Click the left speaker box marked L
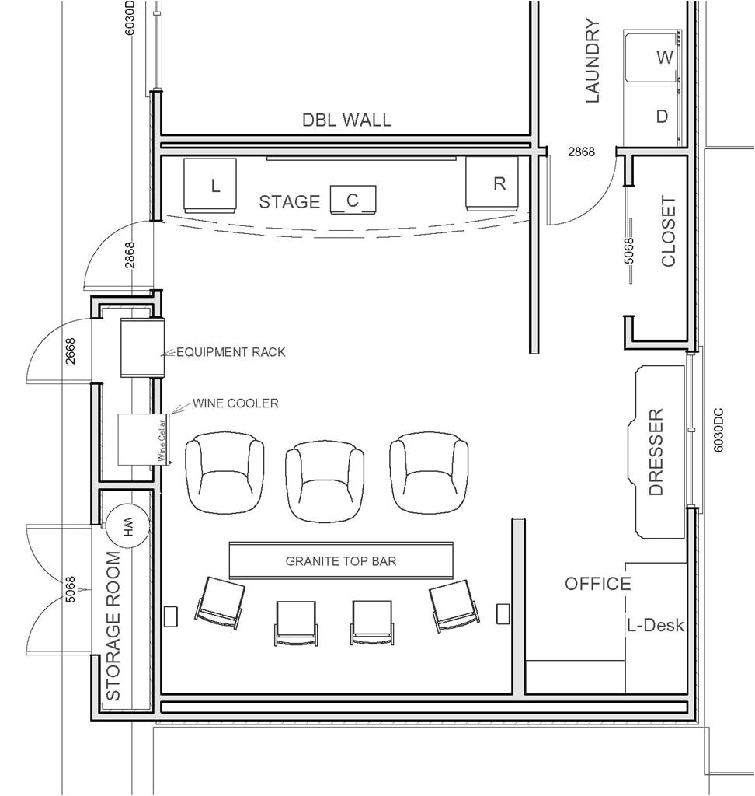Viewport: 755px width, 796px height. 210,185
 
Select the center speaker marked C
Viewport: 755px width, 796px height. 353,200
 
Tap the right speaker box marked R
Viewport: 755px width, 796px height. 492,183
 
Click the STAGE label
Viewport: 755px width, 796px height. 289,202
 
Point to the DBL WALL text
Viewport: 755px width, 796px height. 347,120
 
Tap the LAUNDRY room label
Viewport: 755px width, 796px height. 593,61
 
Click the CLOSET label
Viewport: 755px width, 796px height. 669,232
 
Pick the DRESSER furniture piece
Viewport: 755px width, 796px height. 659,452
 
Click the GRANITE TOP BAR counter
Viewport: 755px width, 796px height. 341,560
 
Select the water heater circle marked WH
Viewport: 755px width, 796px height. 127,526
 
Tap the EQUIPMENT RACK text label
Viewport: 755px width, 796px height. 231,352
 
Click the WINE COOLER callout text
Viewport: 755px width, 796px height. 235,403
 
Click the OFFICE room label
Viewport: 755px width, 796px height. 598,584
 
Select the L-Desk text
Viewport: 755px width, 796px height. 656,625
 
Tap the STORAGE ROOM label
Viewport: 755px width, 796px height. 113,626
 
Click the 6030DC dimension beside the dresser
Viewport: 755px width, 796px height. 718,431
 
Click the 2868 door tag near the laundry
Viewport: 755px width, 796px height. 581,152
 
